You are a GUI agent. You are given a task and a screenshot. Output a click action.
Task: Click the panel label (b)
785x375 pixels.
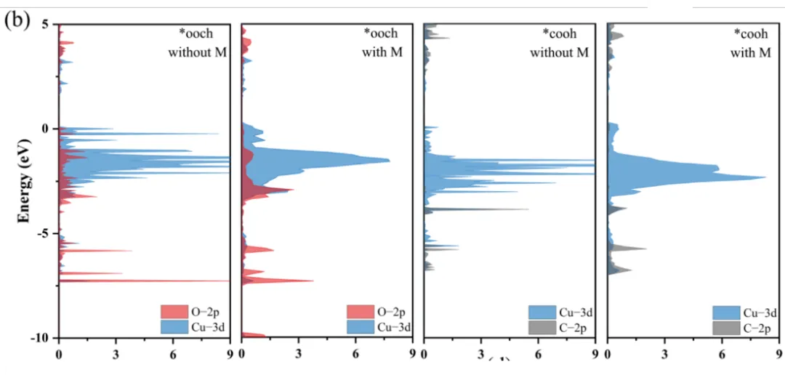tap(17, 20)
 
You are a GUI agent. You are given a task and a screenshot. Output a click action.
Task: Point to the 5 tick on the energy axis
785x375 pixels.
tap(44, 25)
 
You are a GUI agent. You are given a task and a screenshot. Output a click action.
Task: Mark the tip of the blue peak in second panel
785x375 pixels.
tap(390, 161)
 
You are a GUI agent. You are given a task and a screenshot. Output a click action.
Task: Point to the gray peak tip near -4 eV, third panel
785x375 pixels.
tap(528, 209)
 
